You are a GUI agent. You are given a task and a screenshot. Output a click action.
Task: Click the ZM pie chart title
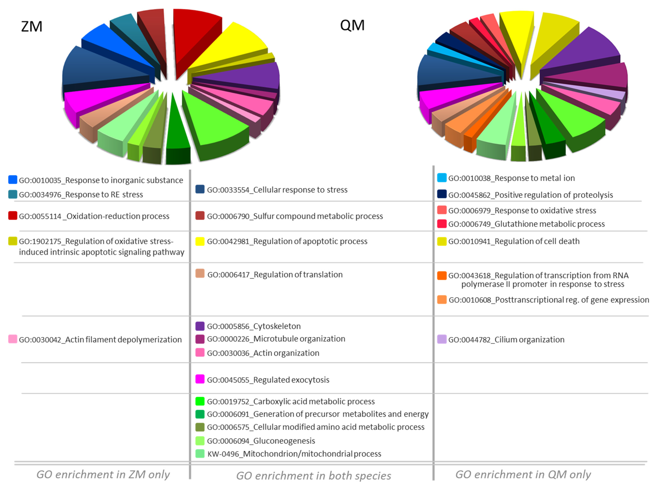click(x=32, y=27)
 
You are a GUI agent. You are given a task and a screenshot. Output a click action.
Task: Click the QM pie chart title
click(x=352, y=25)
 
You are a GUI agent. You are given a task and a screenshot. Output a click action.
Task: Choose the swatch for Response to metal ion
click(x=442, y=178)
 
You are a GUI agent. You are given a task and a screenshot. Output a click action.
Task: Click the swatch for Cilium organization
click(x=442, y=339)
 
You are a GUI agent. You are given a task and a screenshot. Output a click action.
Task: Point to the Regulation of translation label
click(x=275, y=275)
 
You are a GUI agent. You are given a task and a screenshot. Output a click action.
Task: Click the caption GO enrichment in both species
click(x=314, y=476)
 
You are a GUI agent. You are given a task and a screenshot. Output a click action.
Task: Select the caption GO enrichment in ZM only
click(x=103, y=475)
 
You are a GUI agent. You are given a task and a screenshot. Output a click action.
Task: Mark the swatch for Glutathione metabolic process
click(x=442, y=224)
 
